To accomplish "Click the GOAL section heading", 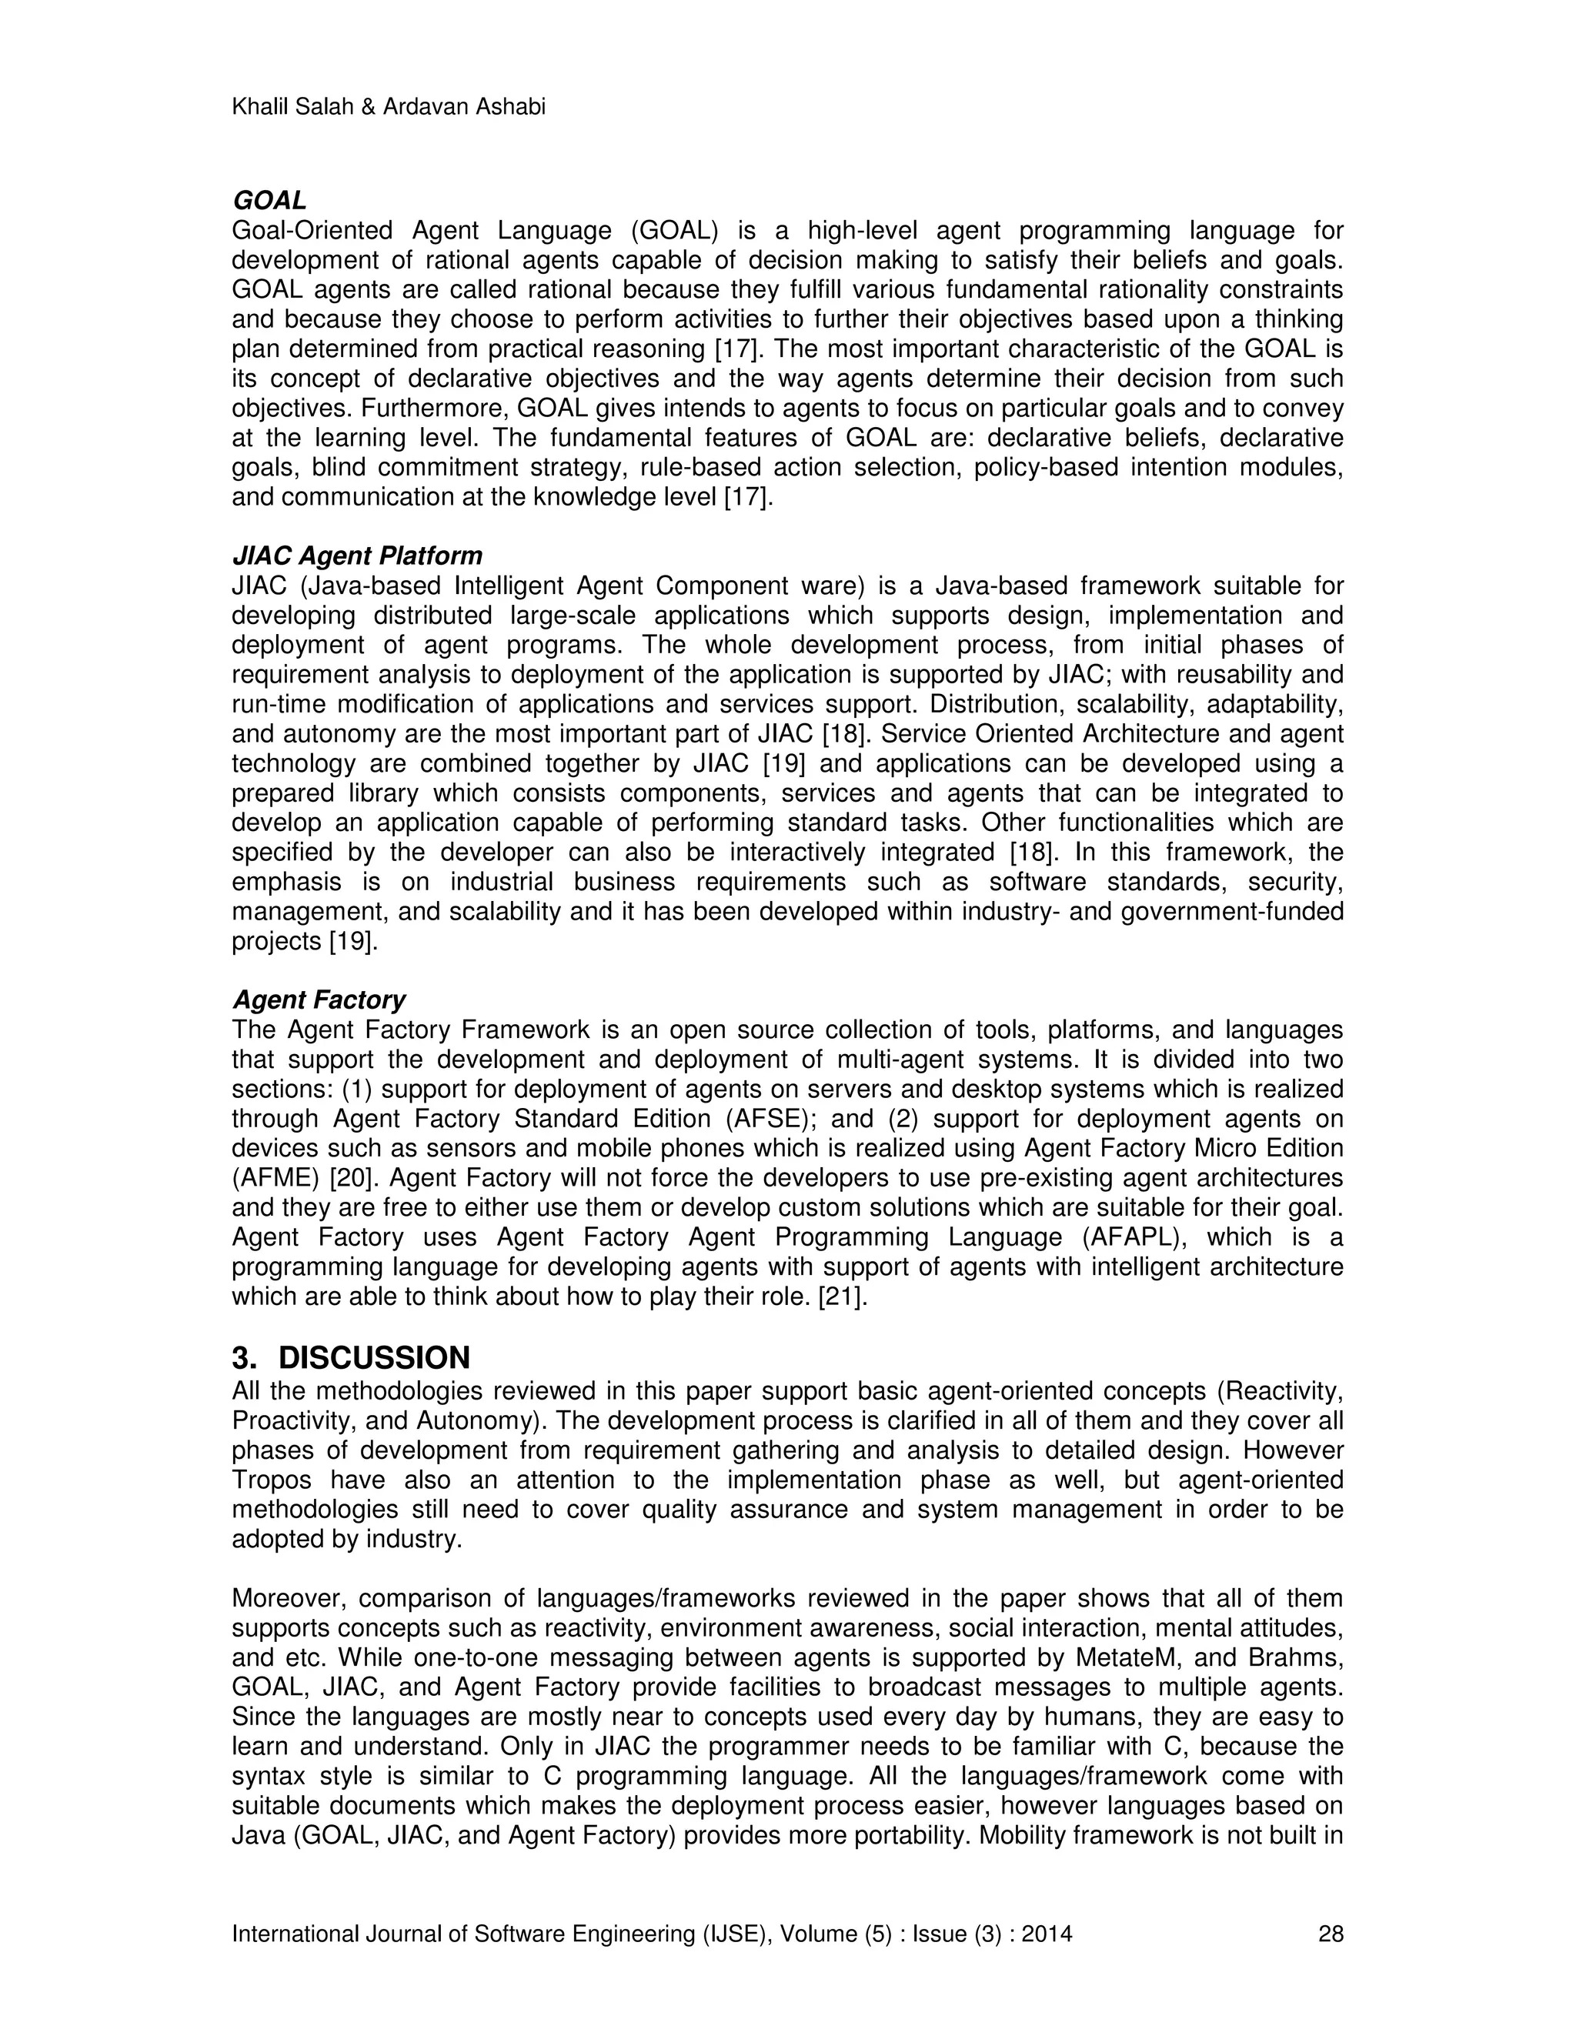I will click(269, 201).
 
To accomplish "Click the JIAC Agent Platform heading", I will click(356, 556).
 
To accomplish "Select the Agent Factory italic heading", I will click(319, 1000).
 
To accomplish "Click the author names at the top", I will click(389, 108).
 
